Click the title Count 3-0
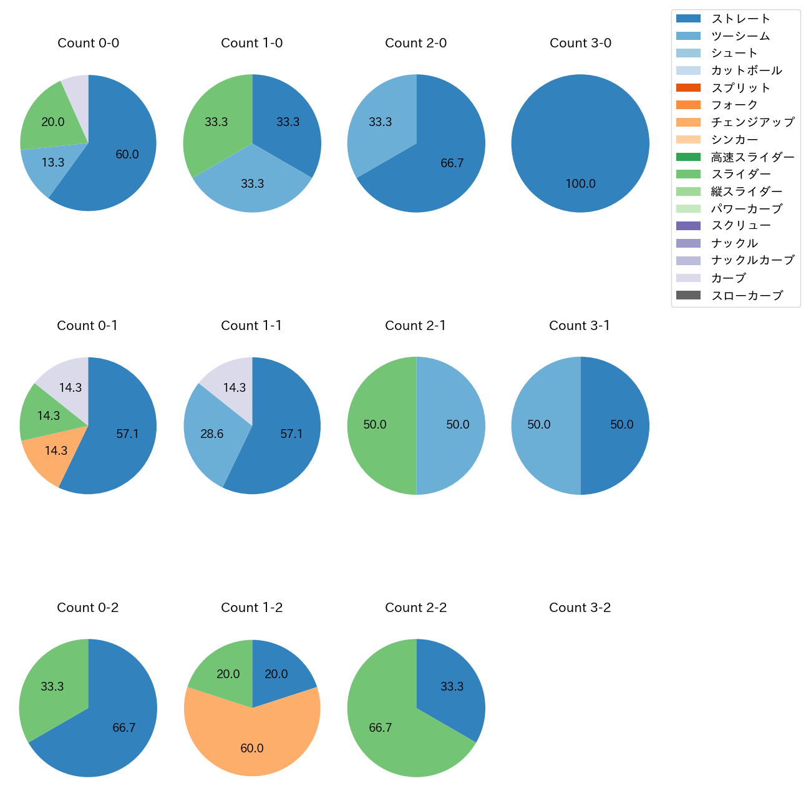pyautogui.click(x=580, y=43)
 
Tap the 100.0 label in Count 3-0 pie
pyautogui.click(x=580, y=183)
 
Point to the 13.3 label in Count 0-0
pyautogui.click(x=53, y=162)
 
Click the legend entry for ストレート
pyautogui.click(x=741, y=19)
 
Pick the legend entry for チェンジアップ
pyautogui.click(x=752, y=122)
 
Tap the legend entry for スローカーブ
pyautogui.click(x=747, y=296)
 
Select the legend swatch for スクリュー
pyautogui.click(x=688, y=226)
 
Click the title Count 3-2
pyautogui.click(x=580, y=608)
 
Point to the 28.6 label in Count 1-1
pyautogui.click(x=212, y=434)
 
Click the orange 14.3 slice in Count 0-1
pyautogui.click(x=53, y=452)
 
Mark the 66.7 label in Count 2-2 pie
pyautogui.click(x=381, y=727)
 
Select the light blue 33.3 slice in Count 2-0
pyautogui.click(x=377, y=125)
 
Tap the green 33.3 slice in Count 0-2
pyautogui.click(x=50, y=686)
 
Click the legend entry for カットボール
pyautogui.click(x=746, y=70)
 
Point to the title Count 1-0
pyautogui.click(x=252, y=43)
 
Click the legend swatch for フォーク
pyautogui.click(x=688, y=105)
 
